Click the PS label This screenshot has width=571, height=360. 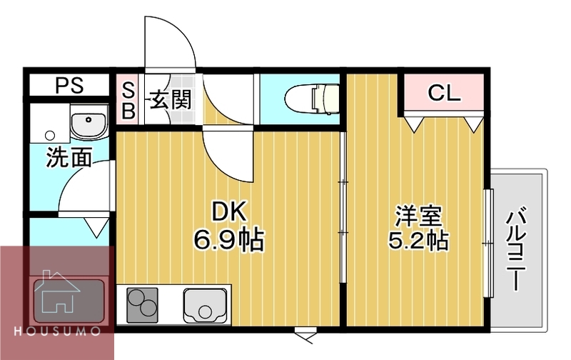point(70,86)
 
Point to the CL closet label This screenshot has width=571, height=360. point(444,92)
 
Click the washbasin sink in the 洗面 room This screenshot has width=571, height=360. point(89,124)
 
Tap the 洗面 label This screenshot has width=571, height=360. point(69,158)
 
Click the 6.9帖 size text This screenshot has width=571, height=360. point(228,240)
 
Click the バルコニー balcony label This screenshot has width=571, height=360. point(517,247)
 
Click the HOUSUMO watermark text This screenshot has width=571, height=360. point(57,334)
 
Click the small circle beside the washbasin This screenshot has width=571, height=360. point(49,134)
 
